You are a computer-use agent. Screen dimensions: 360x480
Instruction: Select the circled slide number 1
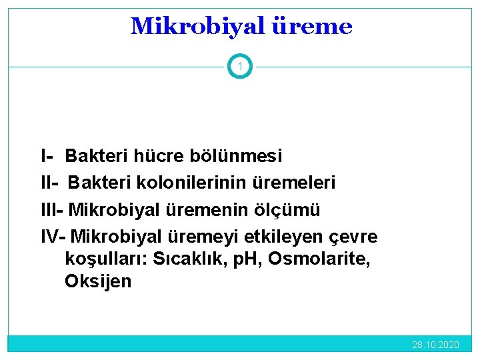point(240,66)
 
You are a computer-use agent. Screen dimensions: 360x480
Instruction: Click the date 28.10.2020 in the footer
point(435,345)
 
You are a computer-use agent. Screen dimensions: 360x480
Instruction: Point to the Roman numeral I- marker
point(47,157)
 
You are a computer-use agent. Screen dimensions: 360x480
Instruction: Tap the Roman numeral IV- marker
point(53,237)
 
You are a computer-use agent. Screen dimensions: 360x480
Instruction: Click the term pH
point(245,259)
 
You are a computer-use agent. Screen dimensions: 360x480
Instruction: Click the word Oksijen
point(98,281)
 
